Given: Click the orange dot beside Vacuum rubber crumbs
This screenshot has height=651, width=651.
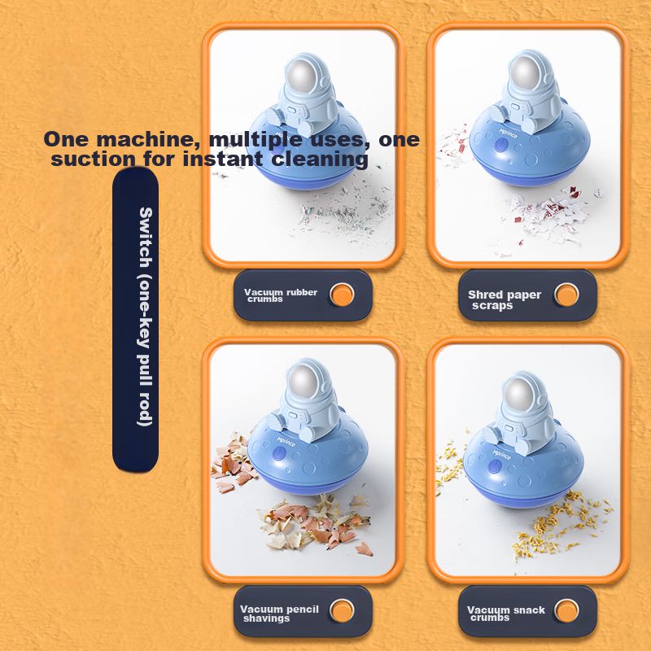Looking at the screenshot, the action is coord(342,295).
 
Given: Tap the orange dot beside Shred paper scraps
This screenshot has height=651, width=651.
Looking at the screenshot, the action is coord(566,295).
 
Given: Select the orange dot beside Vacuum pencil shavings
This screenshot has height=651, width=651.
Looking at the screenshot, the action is coord(342,611).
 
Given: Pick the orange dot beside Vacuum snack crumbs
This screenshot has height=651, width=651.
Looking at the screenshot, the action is coord(566,611).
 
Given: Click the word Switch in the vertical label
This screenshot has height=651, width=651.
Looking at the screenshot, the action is coord(146,238).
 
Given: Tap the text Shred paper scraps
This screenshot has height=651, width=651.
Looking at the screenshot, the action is coord(504,300).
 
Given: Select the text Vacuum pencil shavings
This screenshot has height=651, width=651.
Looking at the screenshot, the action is coord(279,614).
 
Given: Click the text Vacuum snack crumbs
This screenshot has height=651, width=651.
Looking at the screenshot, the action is coord(505,614).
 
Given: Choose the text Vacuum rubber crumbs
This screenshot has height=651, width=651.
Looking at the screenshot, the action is coord(281,295).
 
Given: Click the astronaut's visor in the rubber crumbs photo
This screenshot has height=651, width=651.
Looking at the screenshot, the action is coord(300,76).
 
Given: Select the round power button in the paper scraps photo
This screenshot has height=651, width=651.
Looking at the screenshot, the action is coord(501,146).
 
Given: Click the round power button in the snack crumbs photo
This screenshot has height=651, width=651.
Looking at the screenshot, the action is coord(495,466).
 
